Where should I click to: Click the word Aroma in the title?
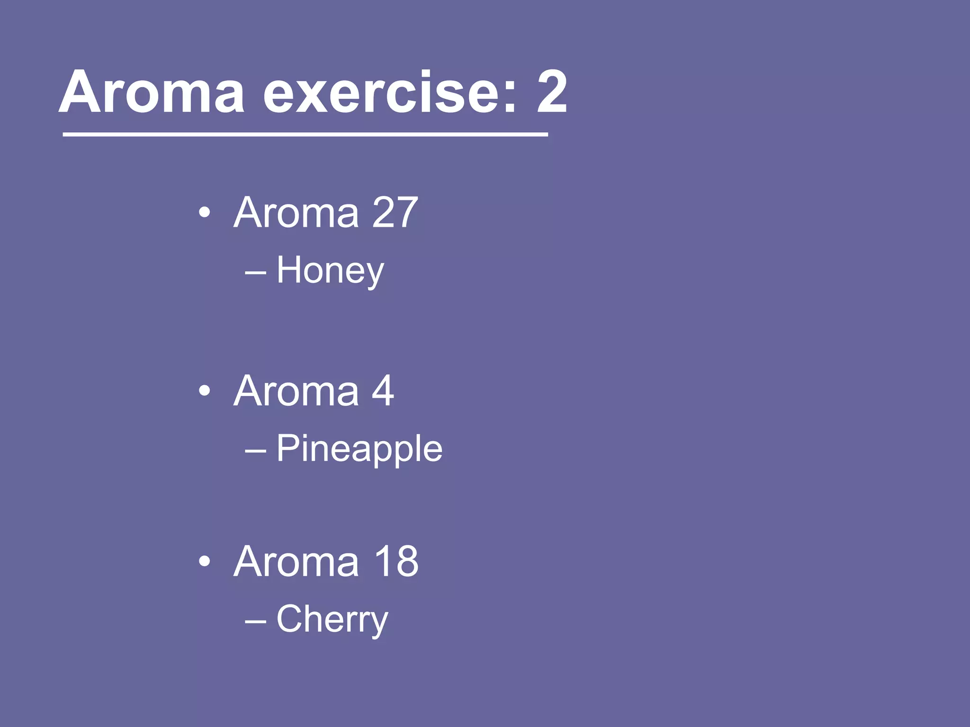click(x=152, y=92)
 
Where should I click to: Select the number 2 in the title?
click(x=552, y=92)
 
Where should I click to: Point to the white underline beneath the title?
click(x=305, y=135)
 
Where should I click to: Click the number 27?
click(x=395, y=213)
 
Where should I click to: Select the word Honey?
click(x=330, y=271)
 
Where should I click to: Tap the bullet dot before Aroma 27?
click(x=205, y=213)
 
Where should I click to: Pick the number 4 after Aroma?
click(x=383, y=391)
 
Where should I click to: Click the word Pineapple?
click(x=359, y=449)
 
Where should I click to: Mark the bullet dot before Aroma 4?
click(x=205, y=391)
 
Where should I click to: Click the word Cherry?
click(x=332, y=619)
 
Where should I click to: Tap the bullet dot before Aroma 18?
click(x=205, y=562)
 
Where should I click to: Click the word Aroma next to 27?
click(x=296, y=213)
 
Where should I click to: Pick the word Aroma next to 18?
click(x=296, y=561)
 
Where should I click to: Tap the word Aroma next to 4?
click(x=296, y=391)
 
